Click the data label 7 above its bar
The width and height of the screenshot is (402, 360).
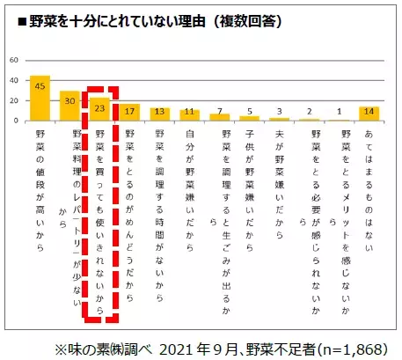[221, 111]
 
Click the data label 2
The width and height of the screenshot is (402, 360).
[311, 114]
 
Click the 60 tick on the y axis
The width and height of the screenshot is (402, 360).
[13, 60]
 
